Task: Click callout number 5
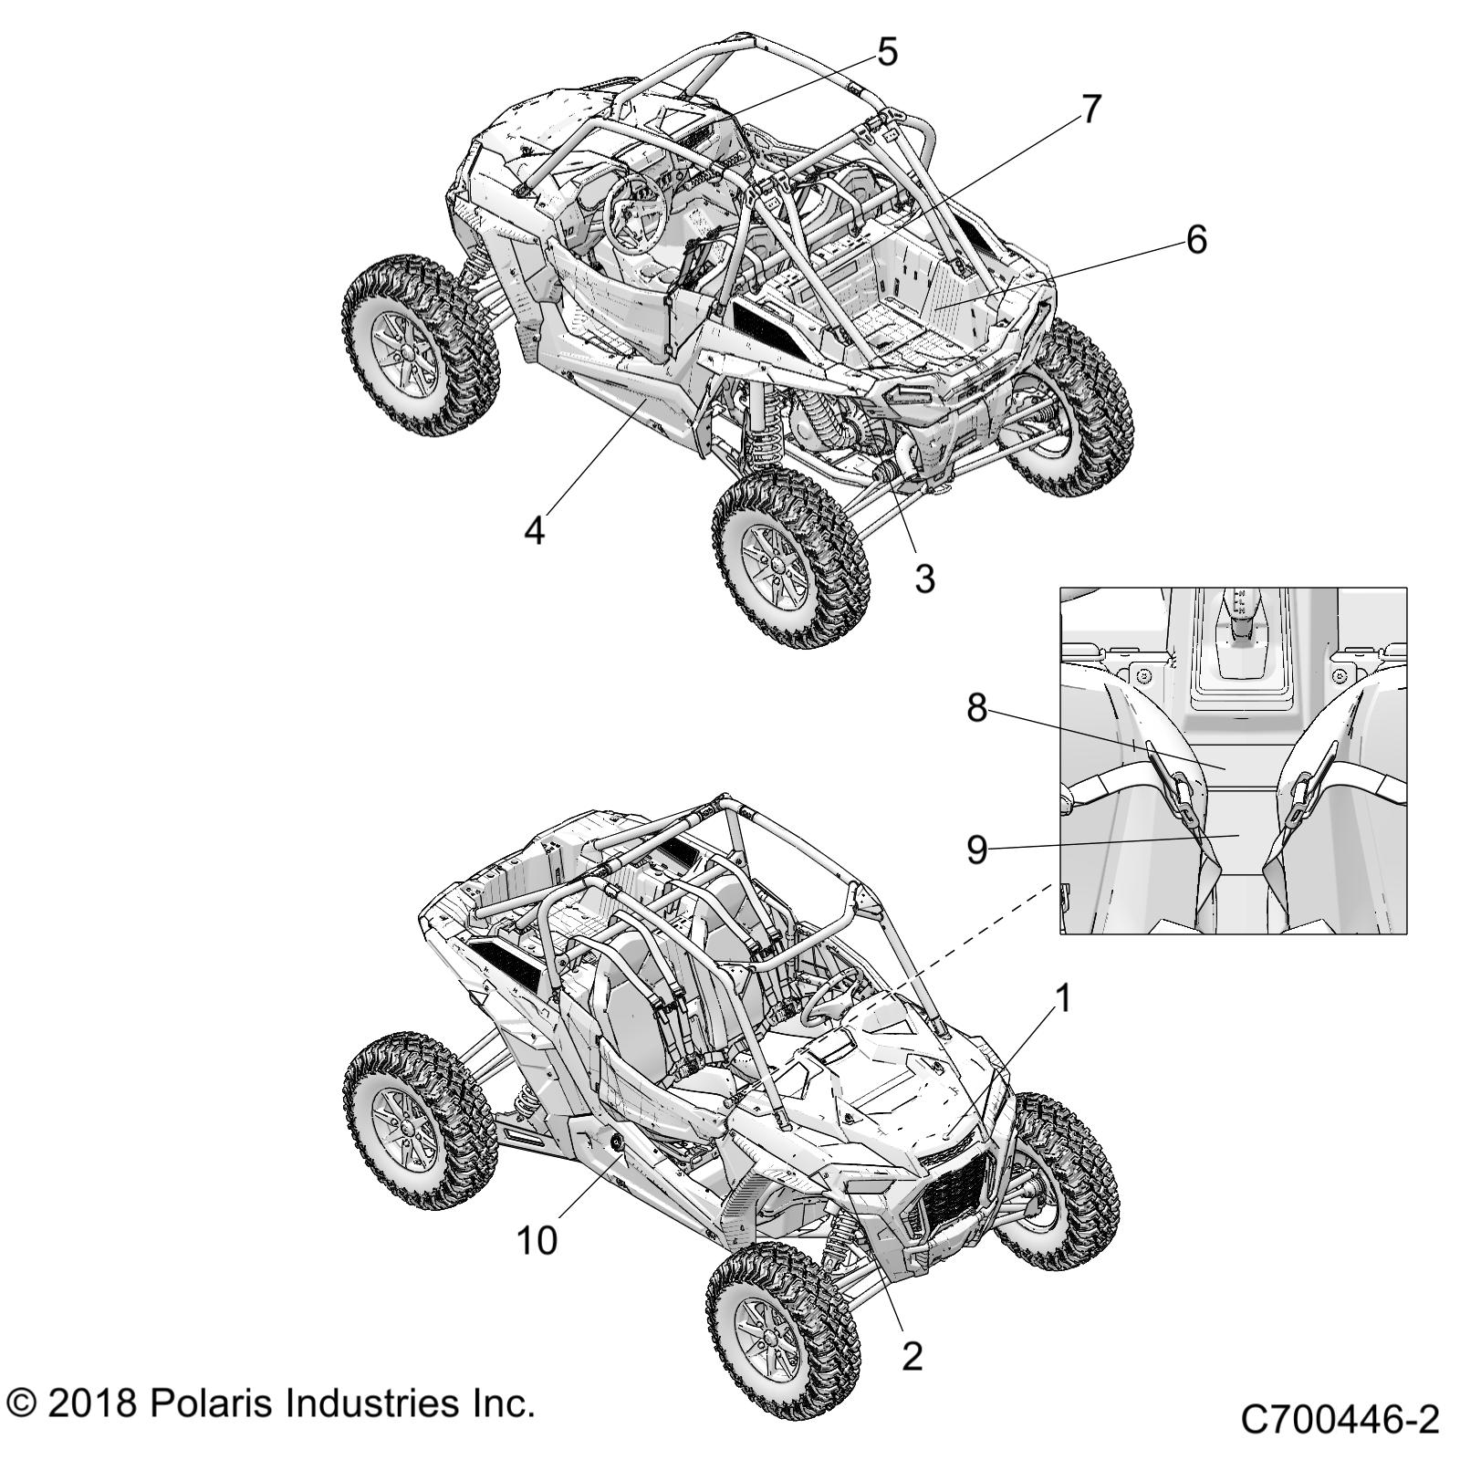tap(887, 52)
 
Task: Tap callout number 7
tap(1091, 109)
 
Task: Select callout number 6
tap(1195, 240)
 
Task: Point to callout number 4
tap(534, 529)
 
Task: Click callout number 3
tap(924, 578)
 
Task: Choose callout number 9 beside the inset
tap(977, 850)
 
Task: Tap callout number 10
tap(537, 1240)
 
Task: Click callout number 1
tap(1063, 999)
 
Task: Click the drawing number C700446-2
tap(1340, 1421)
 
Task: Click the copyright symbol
tap(22, 1403)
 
